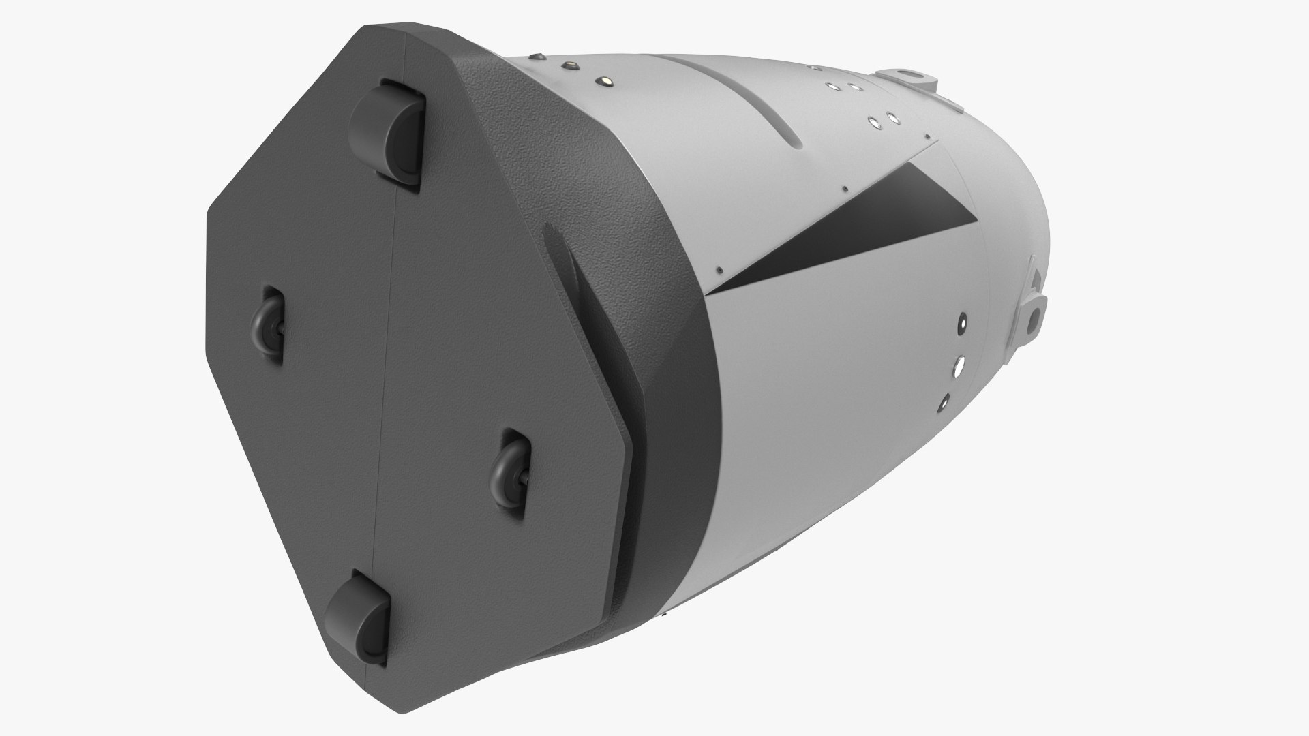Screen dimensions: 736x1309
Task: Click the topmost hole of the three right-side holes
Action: (962, 321)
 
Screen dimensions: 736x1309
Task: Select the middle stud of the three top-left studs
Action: (571, 66)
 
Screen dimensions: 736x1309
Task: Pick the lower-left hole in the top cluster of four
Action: (872, 123)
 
